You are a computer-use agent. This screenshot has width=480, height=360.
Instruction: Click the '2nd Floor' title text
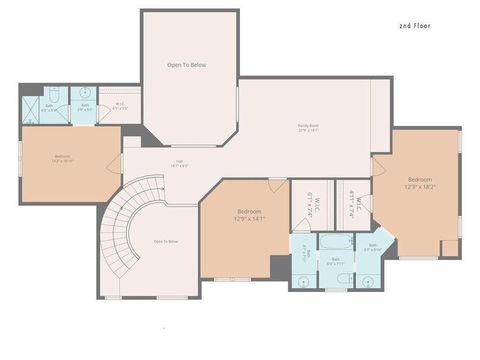(x=414, y=26)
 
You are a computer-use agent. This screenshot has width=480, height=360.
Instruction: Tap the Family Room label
(x=308, y=127)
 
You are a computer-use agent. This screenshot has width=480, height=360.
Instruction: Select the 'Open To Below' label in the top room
(x=187, y=65)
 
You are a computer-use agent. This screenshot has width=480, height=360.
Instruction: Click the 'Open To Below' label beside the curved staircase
(x=166, y=242)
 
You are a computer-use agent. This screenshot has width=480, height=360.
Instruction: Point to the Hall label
(x=180, y=164)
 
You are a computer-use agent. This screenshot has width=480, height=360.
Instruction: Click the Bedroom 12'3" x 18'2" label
(x=420, y=183)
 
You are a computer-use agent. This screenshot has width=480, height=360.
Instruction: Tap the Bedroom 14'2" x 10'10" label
(x=62, y=158)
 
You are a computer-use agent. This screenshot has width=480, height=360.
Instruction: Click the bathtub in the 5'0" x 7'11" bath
(x=336, y=243)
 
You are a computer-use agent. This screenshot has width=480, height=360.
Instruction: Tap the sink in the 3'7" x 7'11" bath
(x=304, y=281)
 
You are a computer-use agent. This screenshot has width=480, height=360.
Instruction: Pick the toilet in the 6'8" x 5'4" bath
(x=53, y=95)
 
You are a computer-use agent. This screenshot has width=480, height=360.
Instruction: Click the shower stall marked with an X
(x=31, y=110)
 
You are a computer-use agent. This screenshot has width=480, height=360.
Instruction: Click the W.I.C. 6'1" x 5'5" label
(x=119, y=106)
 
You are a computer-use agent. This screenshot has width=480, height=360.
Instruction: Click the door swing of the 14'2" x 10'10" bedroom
(x=114, y=166)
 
